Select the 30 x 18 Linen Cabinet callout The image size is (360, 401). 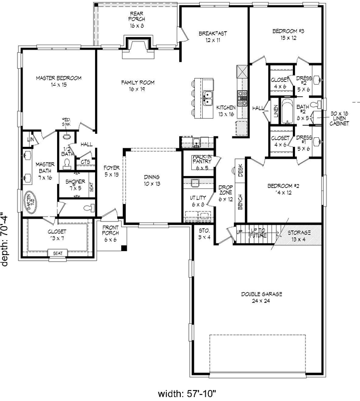339,119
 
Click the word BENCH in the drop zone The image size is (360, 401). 241,202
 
